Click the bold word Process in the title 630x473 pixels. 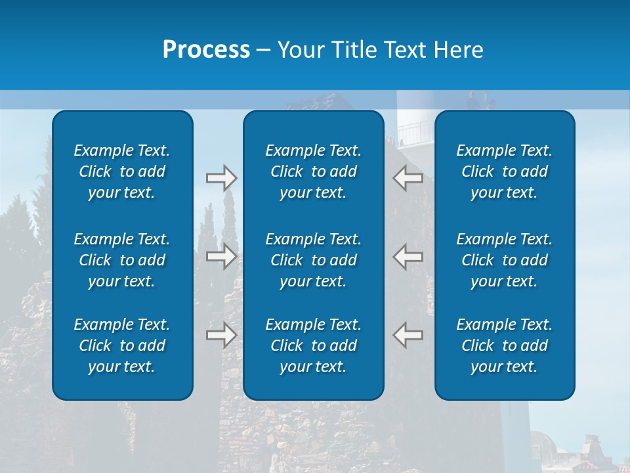206,50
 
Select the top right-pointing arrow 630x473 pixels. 221,178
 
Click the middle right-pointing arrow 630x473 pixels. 221,256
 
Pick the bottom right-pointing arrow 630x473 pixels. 221,334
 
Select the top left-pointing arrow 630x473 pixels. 408,178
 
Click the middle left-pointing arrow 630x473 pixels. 408,256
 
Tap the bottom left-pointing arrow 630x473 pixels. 408,334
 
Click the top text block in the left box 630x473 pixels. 122,171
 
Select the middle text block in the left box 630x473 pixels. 122,260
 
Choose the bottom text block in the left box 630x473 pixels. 122,346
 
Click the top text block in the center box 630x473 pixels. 313,171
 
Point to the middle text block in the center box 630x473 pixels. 313,260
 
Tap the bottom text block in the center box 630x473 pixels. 313,346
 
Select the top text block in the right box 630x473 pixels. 504,171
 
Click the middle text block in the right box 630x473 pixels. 504,260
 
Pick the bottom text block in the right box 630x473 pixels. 504,346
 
